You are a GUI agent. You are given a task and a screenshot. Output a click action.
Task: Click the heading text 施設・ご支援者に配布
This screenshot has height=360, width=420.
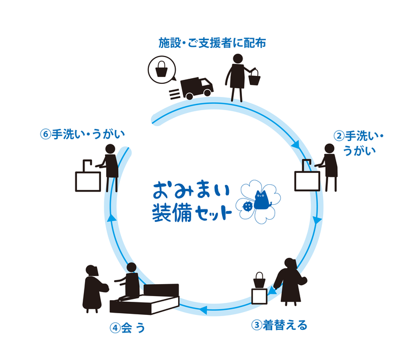[x=212, y=43]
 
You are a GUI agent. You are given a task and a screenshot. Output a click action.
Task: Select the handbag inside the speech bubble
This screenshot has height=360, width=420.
[x=161, y=70]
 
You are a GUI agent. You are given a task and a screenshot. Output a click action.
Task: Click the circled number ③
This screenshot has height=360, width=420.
[x=257, y=326]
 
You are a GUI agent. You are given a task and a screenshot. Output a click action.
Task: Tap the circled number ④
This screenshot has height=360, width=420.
[x=115, y=329]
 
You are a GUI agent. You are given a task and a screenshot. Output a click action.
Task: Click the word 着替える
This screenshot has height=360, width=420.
[x=285, y=326]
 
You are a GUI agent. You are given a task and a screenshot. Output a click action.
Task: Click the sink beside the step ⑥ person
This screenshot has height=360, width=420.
[x=88, y=179]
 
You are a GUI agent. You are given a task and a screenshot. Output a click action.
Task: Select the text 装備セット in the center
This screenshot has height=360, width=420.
[x=191, y=213]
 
